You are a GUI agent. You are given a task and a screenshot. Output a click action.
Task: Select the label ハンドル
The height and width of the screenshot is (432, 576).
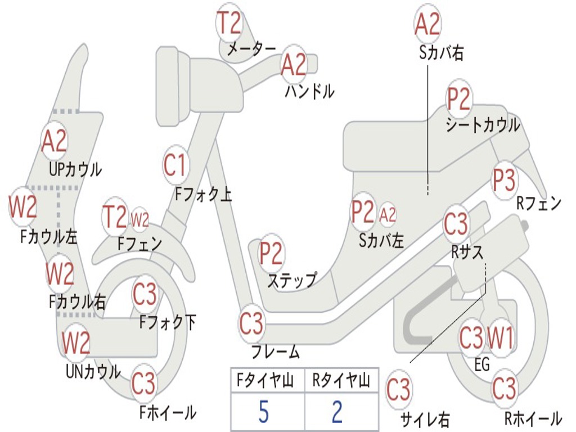coord(309,90)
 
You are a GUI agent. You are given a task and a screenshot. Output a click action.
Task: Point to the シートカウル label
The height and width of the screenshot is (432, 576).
coord(483,125)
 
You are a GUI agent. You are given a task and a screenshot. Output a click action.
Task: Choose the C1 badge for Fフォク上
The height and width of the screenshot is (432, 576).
coord(174,165)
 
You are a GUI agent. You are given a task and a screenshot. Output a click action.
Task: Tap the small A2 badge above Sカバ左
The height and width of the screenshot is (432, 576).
coord(388,214)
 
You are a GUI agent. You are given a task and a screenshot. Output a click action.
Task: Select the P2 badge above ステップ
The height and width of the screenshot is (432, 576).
coord(271,254)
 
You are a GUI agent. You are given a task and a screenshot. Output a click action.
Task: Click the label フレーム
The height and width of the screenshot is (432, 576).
coord(276,353)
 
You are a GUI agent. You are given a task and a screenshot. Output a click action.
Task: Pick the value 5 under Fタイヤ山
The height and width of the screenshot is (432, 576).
coord(263,412)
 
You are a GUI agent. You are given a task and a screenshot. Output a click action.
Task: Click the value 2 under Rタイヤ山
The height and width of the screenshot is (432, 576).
coord(337,412)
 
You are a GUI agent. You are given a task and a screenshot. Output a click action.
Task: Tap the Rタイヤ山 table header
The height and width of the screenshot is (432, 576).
coord(341,382)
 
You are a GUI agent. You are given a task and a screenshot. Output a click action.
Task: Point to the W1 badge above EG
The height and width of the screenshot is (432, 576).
coord(500,339)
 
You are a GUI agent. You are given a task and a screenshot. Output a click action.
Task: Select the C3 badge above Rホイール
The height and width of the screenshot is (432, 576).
coord(504,388)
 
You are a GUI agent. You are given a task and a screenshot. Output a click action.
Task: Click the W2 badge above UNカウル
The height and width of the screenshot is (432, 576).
coord(76,342)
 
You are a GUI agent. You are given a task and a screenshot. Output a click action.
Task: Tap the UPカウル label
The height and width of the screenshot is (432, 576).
coord(75,169)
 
